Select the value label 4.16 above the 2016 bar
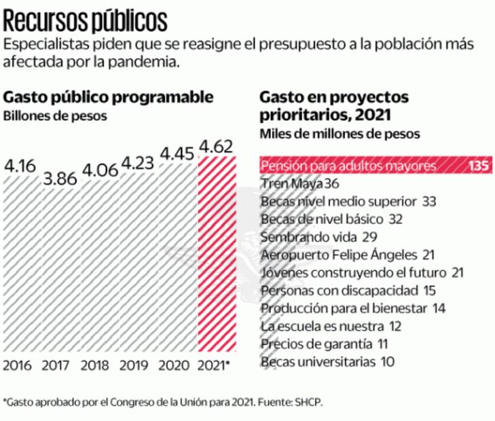21,165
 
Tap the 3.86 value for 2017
60,180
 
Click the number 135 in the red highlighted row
478,166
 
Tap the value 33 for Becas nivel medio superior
428,201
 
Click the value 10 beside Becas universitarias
388,361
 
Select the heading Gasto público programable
109,97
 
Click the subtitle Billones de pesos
55,115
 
